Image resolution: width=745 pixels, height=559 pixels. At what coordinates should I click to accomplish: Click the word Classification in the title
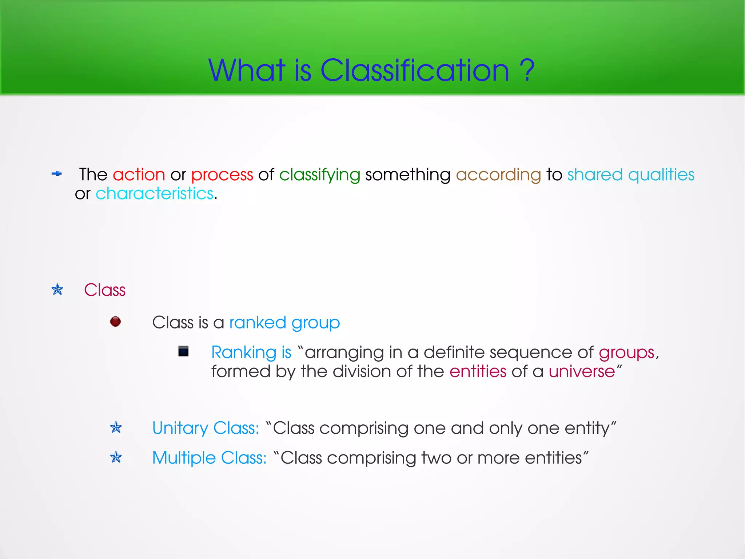414,70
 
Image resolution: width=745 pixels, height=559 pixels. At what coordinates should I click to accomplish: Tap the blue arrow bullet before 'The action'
56,174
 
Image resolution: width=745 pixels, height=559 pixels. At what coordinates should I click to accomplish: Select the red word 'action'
139,174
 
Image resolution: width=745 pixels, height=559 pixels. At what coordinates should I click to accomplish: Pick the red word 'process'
222,175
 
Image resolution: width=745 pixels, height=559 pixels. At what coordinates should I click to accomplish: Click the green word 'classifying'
319,175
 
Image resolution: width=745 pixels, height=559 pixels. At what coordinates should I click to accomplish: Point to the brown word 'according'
498,175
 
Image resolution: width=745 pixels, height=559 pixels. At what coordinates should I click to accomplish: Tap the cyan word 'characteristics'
154,193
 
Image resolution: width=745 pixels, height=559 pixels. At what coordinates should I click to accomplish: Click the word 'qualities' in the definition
661,175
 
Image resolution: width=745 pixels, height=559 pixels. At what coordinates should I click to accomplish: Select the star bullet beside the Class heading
57,290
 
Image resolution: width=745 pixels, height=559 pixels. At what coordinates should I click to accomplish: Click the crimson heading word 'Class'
105,290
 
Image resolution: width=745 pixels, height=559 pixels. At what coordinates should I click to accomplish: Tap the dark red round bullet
115,322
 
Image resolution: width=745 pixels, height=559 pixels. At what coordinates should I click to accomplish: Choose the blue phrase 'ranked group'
284,323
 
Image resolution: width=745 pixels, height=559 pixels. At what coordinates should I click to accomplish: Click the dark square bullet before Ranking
183,351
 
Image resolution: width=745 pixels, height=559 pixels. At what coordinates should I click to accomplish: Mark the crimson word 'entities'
478,371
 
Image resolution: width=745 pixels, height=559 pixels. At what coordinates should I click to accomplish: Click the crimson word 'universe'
582,371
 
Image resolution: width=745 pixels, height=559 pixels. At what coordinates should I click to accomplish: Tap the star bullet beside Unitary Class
116,428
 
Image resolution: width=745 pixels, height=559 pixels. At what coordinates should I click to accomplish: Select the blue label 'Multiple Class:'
210,458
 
